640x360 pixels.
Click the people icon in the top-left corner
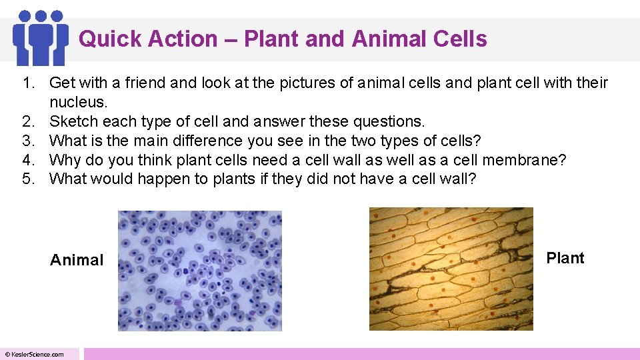click(41, 37)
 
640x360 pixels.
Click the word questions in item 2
click(389, 121)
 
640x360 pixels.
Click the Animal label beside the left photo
click(77, 260)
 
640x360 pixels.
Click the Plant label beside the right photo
click(565, 258)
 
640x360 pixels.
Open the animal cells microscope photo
click(200, 270)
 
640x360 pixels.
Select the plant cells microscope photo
click(451, 269)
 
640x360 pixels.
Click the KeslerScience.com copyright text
click(35, 354)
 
